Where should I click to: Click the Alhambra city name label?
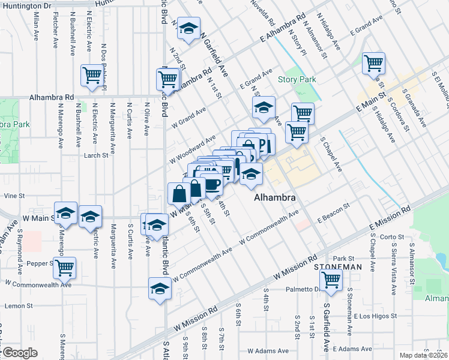(x=275, y=197)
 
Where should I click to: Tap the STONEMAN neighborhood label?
(x=340, y=267)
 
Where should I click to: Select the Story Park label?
(x=292, y=80)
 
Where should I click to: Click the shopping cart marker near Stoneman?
(x=331, y=280)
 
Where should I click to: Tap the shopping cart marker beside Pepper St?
(x=64, y=268)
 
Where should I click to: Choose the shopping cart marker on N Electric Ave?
(x=92, y=76)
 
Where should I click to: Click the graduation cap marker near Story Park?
(x=263, y=108)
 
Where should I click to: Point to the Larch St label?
(x=95, y=155)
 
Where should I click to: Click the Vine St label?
(x=14, y=196)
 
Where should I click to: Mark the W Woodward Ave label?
(x=193, y=150)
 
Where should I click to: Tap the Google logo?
(x=19, y=353)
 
